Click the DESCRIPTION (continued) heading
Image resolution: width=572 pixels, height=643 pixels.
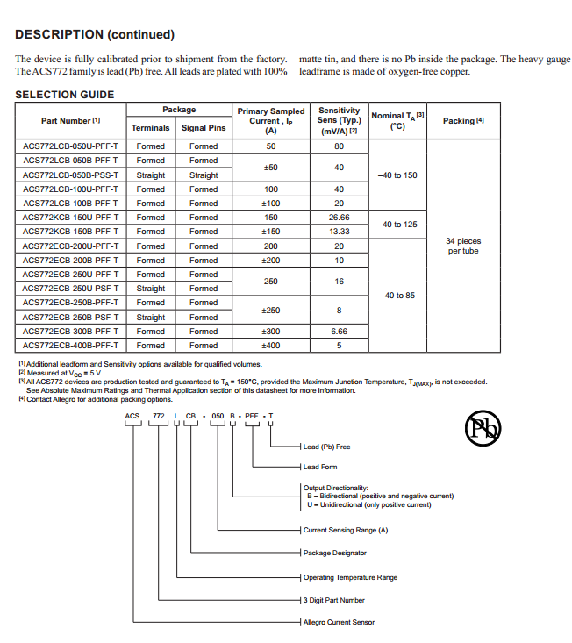click(x=95, y=35)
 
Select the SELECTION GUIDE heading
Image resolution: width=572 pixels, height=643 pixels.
click(x=65, y=94)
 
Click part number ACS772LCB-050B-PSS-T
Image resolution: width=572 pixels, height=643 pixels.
click(x=70, y=175)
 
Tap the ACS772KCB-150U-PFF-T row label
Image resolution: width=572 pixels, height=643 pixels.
click(x=70, y=218)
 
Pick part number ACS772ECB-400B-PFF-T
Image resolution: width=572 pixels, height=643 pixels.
click(x=70, y=346)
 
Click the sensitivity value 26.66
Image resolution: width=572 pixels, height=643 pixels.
click(x=339, y=218)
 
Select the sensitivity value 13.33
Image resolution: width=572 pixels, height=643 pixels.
click(x=339, y=232)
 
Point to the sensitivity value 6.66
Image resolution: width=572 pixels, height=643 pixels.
click(x=339, y=332)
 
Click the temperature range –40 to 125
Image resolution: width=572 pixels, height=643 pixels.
click(x=397, y=225)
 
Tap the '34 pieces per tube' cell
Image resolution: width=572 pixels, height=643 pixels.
click(x=463, y=246)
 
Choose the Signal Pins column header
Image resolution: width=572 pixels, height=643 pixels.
click(x=204, y=128)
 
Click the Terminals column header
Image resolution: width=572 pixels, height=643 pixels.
click(x=151, y=128)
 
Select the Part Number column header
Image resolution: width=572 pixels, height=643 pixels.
click(x=71, y=120)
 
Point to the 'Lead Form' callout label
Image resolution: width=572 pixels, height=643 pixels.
click(x=320, y=467)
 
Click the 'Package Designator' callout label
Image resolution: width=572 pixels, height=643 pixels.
click(x=335, y=553)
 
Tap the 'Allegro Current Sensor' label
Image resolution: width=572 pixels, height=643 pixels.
click(x=339, y=622)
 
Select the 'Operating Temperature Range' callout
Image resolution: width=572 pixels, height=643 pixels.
click(x=350, y=577)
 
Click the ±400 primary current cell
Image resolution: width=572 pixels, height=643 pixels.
click(x=271, y=346)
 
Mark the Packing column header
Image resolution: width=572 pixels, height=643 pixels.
click(x=463, y=120)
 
